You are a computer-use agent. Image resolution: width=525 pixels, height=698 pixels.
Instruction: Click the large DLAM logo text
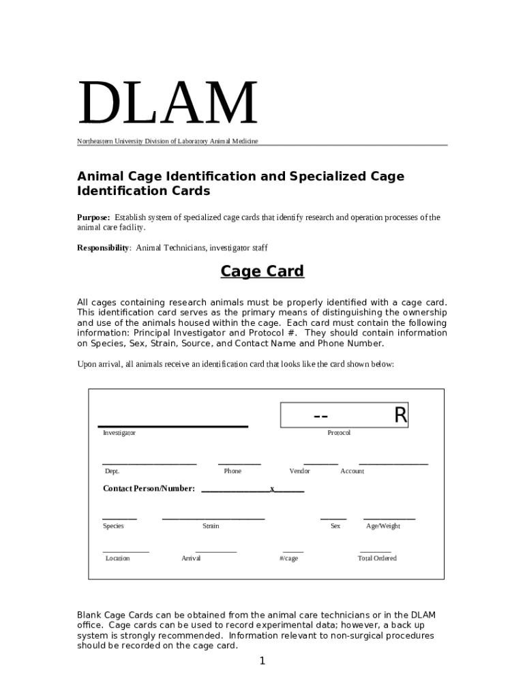pos(168,104)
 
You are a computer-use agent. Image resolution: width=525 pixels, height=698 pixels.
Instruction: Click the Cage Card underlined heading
pos(262,271)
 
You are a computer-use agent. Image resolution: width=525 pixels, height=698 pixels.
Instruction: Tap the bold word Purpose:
pos(93,217)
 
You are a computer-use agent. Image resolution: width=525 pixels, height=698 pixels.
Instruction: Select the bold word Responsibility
pos(103,248)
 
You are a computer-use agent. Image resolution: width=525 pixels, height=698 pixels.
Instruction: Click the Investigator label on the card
pos(119,433)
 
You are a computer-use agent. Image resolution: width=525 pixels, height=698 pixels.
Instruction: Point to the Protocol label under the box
pos(339,433)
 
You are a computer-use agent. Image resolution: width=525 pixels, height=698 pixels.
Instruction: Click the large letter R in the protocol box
pos(400,415)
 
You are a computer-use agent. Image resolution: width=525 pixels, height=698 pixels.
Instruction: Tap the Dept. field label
pos(112,471)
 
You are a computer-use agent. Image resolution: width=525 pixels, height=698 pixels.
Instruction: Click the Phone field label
pos(232,471)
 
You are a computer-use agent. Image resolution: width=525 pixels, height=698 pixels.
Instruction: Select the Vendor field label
pos(300,471)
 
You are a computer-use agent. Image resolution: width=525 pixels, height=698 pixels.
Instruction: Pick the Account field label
pos(352,471)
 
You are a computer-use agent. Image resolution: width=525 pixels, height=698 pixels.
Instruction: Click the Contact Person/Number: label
pos(149,489)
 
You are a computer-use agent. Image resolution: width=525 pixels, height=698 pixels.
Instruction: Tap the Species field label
pos(113,526)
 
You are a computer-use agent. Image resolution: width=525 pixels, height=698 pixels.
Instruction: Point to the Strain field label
pos(211,526)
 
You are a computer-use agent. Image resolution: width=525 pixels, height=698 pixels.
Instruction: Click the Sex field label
pos(335,526)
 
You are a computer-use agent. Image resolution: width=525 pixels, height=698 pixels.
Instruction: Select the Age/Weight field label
pos(383,526)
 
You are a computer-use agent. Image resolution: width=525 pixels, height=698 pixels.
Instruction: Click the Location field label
pos(117,558)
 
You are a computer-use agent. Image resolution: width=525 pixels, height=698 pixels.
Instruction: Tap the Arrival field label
pos(191,558)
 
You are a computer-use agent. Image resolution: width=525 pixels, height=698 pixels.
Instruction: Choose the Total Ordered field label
pos(377,558)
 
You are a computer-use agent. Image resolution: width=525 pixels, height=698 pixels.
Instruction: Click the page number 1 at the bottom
pos(262,661)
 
